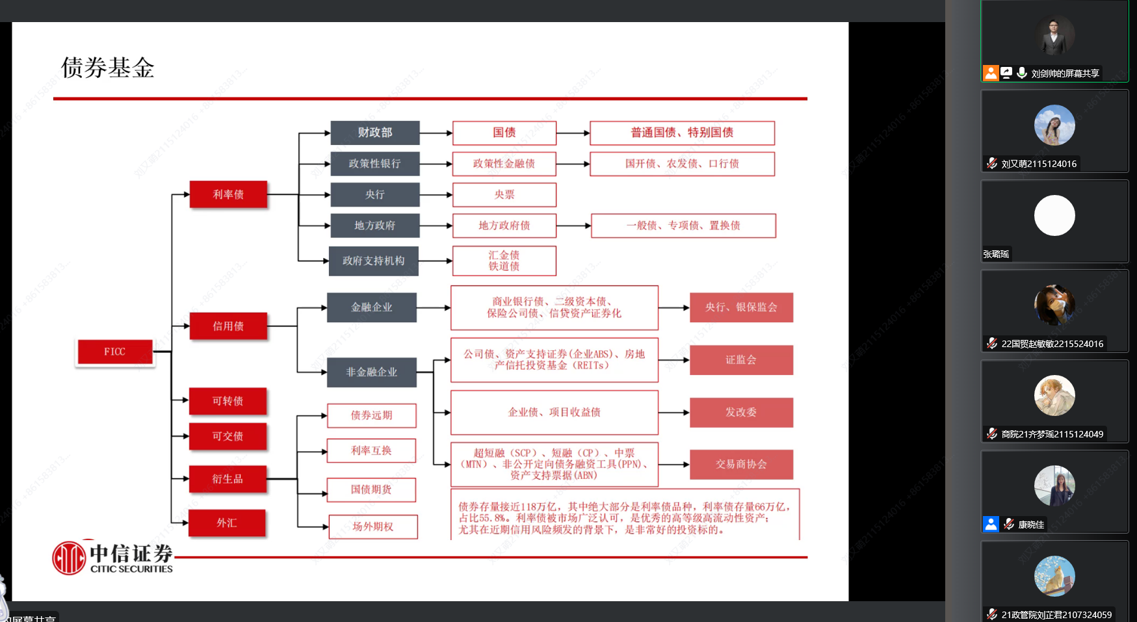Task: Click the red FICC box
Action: (x=115, y=352)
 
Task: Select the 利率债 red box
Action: (x=228, y=194)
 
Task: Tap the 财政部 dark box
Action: (x=374, y=133)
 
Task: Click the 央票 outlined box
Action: (x=504, y=194)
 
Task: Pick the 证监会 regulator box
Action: (x=740, y=360)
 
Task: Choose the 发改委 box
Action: (x=740, y=412)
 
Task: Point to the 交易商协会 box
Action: (x=740, y=464)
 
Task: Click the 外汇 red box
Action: (x=227, y=523)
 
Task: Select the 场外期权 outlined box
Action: (x=372, y=526)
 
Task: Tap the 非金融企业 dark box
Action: (x=371, y=372)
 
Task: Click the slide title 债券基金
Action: (x=107, y=68)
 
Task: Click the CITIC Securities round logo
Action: (x=69, y=558)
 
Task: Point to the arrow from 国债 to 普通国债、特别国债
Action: (x=573, y=133)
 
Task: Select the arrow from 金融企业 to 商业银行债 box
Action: (x=434, y=307)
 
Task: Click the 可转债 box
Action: (x=228, y=401)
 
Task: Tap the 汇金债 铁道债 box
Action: (x=504, y=261)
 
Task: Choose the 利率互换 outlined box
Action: (x=371, y=450)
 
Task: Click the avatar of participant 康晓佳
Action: (x=1054, y=486)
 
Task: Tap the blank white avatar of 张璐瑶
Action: (x=1054, y=215)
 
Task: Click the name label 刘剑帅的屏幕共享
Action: (x=1065, y=73)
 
